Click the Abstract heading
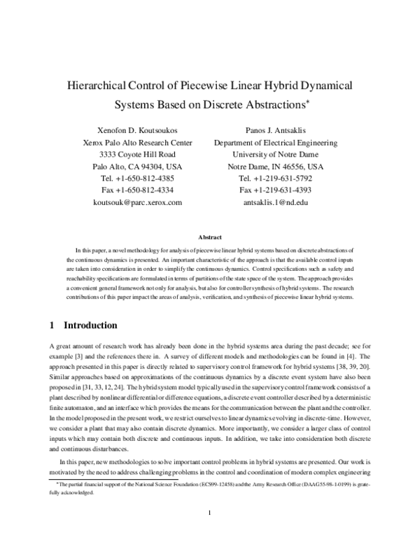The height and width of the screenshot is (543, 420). pyautogui.click(x=210, y=237)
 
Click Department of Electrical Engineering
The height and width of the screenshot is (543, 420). pyautogui.click(x=275, y=143)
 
